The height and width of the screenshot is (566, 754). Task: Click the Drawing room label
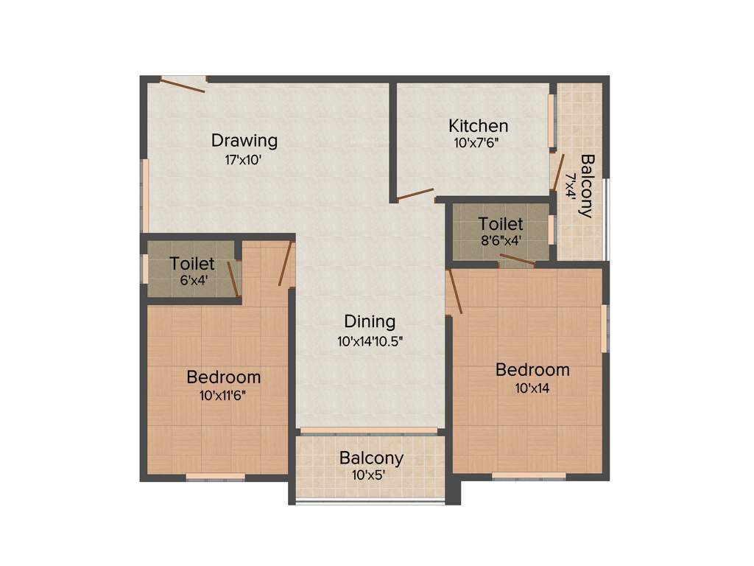tap(244, 139)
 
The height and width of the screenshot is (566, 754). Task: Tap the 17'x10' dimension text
tap(244, 158)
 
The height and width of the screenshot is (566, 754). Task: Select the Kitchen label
tap(479, 125)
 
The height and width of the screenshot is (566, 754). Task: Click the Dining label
tap(370, 321)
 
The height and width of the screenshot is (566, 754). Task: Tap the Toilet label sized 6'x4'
tap(191, 263)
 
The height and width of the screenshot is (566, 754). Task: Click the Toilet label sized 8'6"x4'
tap(501, 223)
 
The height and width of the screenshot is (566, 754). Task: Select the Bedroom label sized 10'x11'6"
tap(223, 377)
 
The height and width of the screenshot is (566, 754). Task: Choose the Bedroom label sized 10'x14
tap(532, 369)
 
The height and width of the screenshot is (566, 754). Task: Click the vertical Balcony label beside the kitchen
tap(587, 186)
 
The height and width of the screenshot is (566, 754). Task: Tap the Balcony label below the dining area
tap(371, 458)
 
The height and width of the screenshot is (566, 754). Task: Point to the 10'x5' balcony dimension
tap(371, 475)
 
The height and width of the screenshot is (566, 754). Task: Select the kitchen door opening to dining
tap(415, 195)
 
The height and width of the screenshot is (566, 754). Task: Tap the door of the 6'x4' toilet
tap(233, 279)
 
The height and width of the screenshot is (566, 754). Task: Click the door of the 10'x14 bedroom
tap(454, 291)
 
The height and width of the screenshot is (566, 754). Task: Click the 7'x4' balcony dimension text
tap(570, 186)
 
